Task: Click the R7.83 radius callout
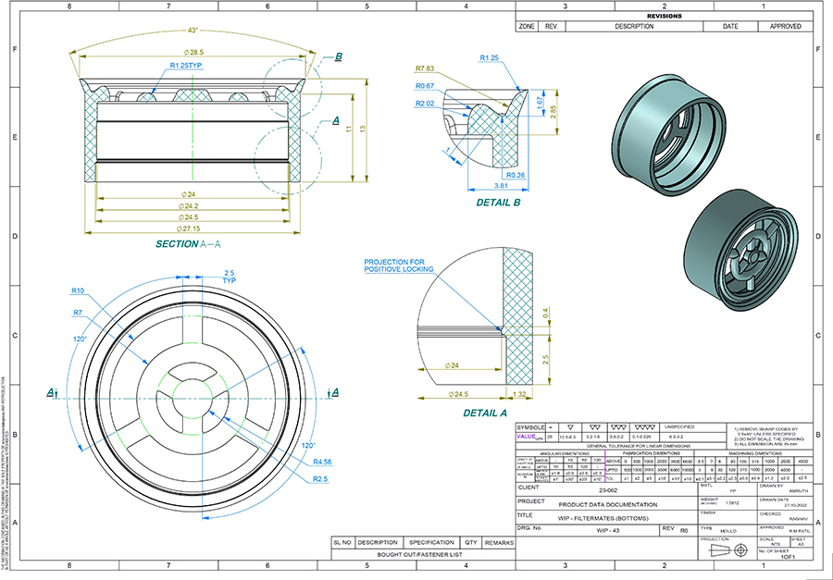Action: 425,68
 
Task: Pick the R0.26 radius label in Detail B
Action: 516,174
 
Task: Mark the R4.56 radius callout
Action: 322,462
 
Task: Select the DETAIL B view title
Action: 498,201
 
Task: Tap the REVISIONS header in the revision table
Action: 664,17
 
